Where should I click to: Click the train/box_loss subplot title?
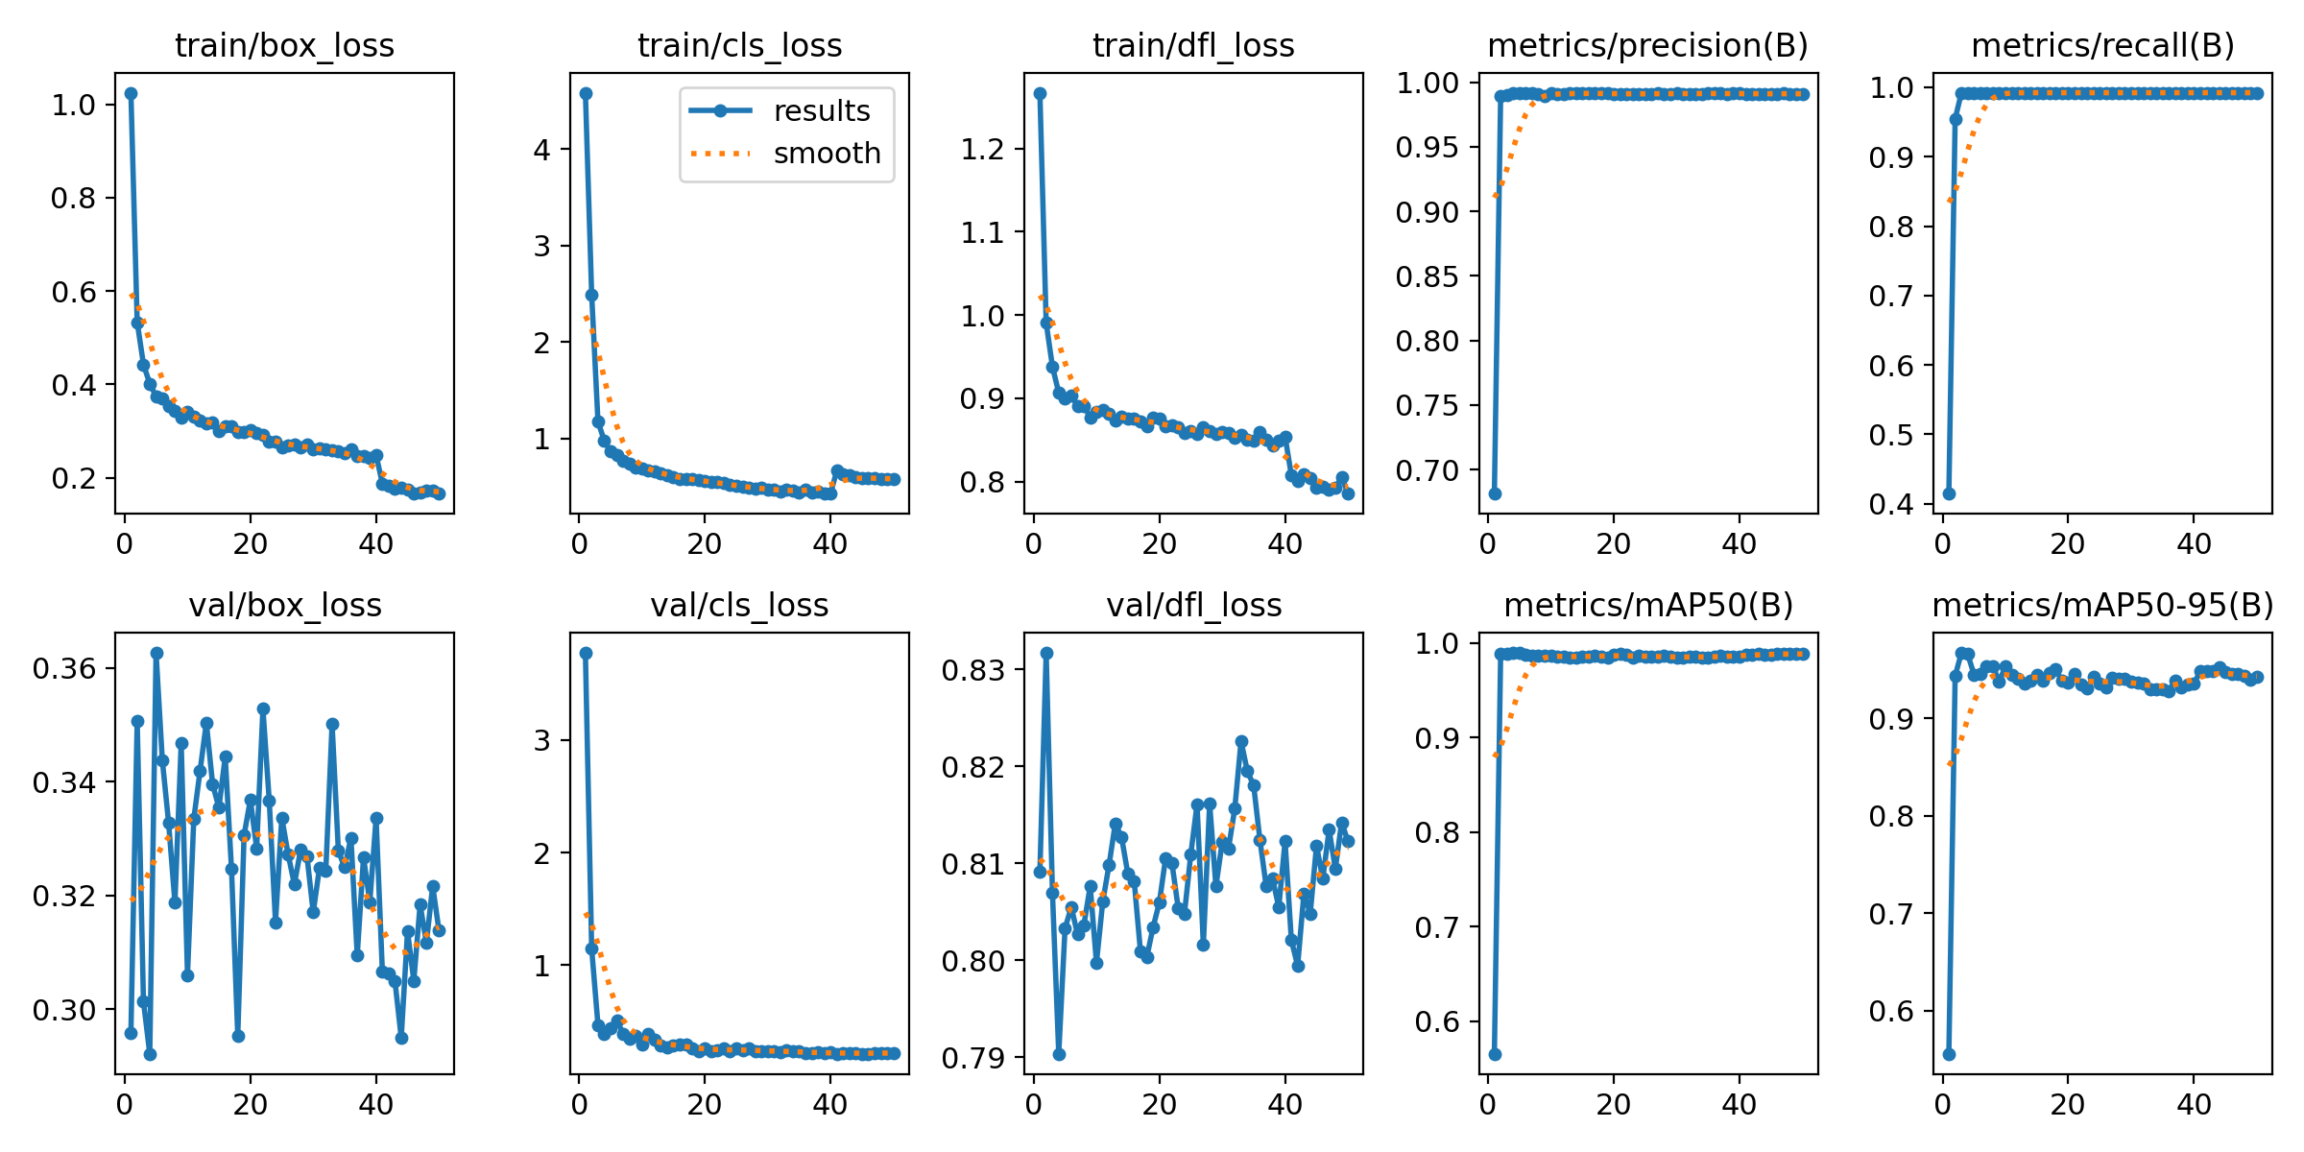coord(284,45)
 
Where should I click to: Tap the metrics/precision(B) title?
coord(1647,45)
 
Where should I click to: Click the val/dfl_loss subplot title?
coord(1193,605)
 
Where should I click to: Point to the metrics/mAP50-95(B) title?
coord(2102,605)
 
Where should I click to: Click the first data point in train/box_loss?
coord(131,93)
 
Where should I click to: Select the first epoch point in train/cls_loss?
coord(586,93)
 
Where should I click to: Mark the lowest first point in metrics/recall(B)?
coord(1949,493)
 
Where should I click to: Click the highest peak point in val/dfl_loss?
coord(1046,653)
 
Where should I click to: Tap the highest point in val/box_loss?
coord(156,653)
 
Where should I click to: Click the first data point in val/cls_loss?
coord(586,653)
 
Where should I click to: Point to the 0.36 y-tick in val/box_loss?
coord(64,668)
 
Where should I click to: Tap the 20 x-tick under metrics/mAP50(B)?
coord(1613,1105)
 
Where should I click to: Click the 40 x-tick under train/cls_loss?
coord(829,544)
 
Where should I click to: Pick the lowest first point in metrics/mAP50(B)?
coord(1495,1054)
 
